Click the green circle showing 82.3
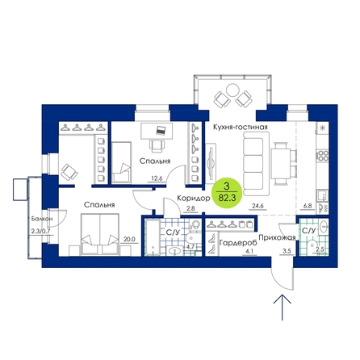pos(227,192)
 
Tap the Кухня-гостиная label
pos(241,127)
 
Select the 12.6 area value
pos(157,178)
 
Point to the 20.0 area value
pos(129,239)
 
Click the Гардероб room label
pos(238,243)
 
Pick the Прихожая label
pos(277,237)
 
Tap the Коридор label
pos(194,199)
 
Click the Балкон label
pos(42,219)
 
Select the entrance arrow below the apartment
pos(283,308)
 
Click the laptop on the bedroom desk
pos(161,130)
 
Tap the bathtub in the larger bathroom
pos(153,237)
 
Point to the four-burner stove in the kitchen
pos(323,156)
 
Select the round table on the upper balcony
pos(232,90)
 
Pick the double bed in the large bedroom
pos(100,234)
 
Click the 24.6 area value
pos(257,207)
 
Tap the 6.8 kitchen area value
pos(307,206)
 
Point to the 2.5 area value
pos(320,249)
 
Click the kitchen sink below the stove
pos(322,195)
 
